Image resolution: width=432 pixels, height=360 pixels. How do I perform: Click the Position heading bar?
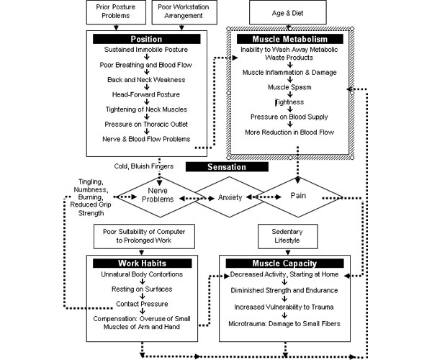click(146, 39)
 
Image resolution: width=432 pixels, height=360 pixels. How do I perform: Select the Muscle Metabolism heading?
click(290, 39)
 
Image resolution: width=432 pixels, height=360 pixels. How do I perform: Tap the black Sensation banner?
click(227, 167)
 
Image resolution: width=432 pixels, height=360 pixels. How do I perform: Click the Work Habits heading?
click(142, 264)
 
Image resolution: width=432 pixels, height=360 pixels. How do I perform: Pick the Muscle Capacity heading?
click(284, 264)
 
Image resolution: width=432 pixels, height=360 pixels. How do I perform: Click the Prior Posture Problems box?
click(116, 12)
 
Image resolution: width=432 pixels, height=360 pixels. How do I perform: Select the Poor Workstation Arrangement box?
click(184, 12)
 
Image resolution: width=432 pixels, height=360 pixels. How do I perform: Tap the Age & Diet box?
click(287, 13)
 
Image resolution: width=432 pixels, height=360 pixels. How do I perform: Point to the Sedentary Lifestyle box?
click(287, 236)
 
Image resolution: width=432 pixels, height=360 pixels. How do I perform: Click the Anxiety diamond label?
click(230, 197)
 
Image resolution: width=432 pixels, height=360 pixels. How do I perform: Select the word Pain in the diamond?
click(298, 196)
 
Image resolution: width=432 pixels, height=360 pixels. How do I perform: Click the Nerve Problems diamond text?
click(158, 194)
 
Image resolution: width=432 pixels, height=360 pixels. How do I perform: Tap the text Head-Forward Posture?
click(145, 95)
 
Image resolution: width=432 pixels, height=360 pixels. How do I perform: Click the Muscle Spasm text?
click(289, 87)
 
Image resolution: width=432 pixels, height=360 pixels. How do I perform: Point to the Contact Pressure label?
click(142, 304)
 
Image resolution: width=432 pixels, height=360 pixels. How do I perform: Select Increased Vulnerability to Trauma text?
click(284, 307)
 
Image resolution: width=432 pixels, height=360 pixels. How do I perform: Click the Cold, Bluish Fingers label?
click(144, 166)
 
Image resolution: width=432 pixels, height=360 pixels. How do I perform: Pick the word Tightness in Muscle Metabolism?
click(289, 102)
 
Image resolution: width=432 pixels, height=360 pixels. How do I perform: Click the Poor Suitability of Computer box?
click(144, 236)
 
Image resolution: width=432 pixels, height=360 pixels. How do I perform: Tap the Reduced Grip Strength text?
click(91, 209)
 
